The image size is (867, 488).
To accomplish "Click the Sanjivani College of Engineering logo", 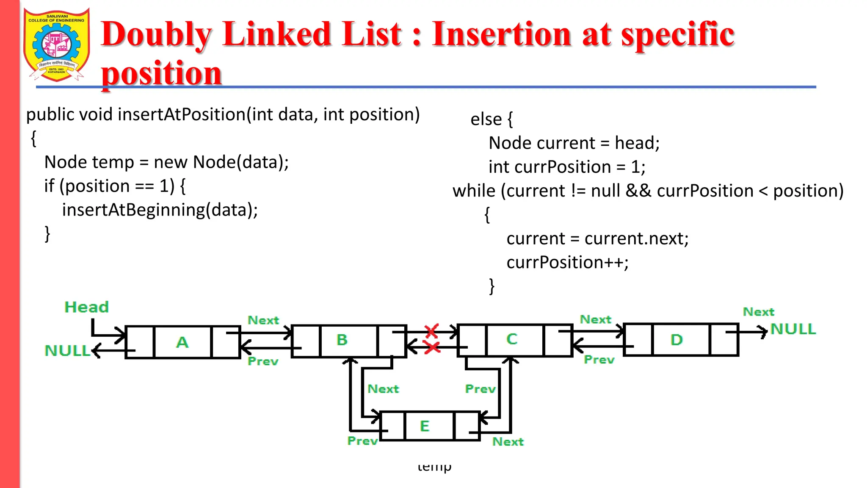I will click(x=57, y=44).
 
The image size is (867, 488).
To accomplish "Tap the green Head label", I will click(x=86, y=307).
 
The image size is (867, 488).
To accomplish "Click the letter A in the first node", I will click(x=182, y=342).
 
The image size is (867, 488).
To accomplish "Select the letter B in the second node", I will click(x=342, y=340).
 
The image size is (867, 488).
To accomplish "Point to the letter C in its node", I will click(x=512, y=339).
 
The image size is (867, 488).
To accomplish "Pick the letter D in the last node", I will click(x=676, y=339).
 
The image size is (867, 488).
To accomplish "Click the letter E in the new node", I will click(x=425, y=426).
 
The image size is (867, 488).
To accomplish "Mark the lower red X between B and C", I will click(x=432, y=348).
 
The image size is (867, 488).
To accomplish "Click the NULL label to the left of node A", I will click(x=67, y=351).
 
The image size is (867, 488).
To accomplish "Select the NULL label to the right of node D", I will click(x=793, y=329).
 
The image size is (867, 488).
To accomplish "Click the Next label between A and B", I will click(x=263, y=320).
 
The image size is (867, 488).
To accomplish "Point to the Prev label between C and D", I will click(x=599, y=360).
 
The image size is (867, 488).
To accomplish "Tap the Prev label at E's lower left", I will click(x=362, y=441).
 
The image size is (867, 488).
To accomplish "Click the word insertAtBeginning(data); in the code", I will click(x=160, y=210).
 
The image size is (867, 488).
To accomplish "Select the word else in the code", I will click(x=486, y=119).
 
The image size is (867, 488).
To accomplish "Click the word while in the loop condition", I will click(x=474, y=191).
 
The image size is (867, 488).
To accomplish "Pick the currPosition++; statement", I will click(x=567, y=263).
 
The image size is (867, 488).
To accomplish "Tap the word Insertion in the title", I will click(x=502, y=34).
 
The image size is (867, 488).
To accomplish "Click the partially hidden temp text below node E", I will click(x=434, y=467).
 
